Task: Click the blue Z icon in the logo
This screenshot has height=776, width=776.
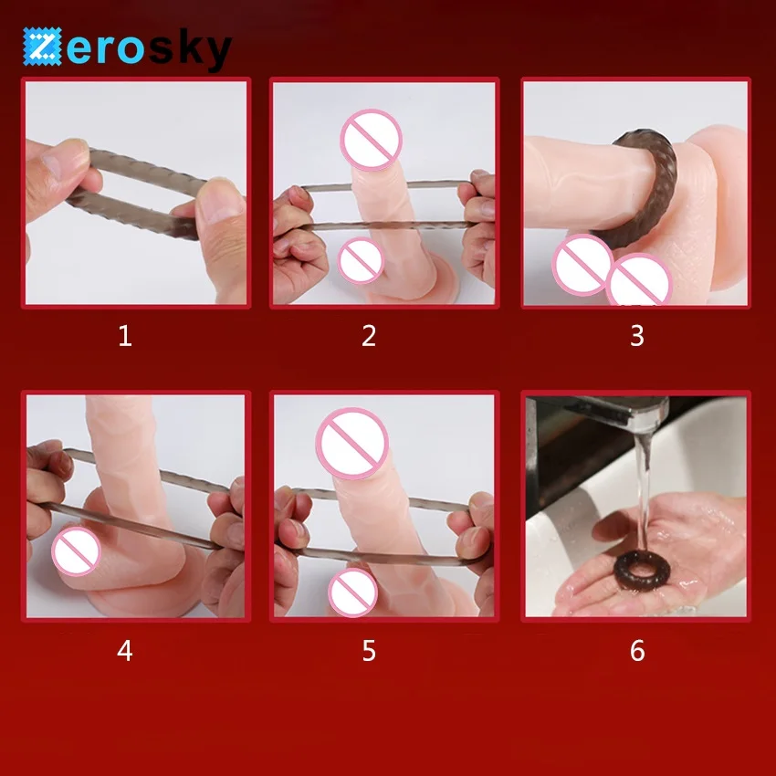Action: click(x=42, y=47)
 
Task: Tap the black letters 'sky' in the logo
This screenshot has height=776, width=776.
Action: click(x=190, y=48)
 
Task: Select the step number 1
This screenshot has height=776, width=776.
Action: click(x=125, y=336)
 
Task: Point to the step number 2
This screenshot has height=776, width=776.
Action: click(x=369, y=336)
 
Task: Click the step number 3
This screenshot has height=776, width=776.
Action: click(x=637, y=336)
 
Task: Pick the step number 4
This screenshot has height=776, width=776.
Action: click(x=125, y=650)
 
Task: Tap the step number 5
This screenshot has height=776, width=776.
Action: click(x=369, y=650)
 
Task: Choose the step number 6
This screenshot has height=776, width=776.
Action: click(x=637, y=650)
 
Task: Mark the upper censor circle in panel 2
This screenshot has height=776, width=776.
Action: click(x=372, y=140)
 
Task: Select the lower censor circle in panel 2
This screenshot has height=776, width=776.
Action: click(x=362, y=260)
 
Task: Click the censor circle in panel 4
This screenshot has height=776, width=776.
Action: click(x=76, y=551)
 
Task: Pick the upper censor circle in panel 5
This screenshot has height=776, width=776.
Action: click(x=351, y=444)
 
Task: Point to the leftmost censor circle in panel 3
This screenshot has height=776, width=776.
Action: click(x=583, y=265)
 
